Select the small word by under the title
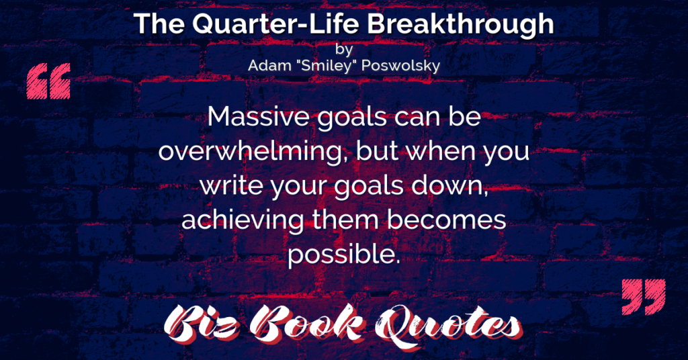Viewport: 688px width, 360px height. click(343, 49)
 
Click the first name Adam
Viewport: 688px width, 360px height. click(269, 66)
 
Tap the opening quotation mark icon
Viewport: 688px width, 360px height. click(48, 81)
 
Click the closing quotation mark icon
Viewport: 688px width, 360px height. click(644, 296)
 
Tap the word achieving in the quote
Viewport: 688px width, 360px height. click(242, 220)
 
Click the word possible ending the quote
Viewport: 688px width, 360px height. click(343, 255)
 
